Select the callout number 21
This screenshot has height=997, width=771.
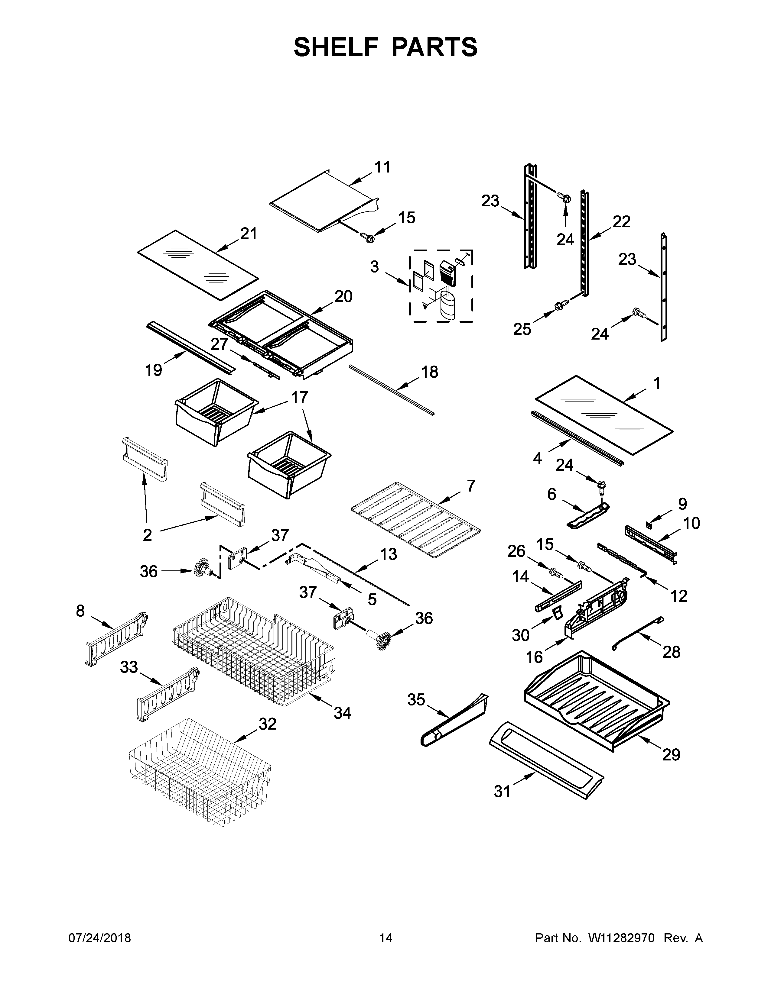(249, 234)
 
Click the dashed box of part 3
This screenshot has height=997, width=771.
(441, 286)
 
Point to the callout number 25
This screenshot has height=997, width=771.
(522, 329)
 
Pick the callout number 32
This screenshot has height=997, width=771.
(268, 724)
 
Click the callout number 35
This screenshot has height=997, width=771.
(416, 700)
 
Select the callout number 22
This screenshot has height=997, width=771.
(621, 221)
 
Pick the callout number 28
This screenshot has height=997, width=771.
(672, 652)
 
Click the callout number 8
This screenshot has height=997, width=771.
(80, 611)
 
